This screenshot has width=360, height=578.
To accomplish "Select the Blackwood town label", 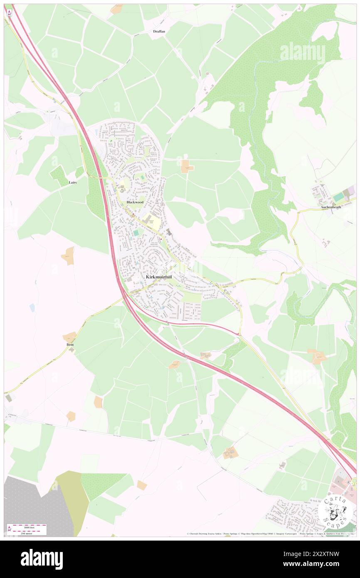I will pyautogui.click(x=135, y=202).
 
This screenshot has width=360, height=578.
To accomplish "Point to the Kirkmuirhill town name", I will pyautogui.click(x=158, y=277).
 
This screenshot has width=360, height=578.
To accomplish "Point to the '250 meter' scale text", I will pyautogui.click(x=28, y=532).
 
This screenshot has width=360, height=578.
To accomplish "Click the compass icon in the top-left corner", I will pyautogui.click(x=9, y=12).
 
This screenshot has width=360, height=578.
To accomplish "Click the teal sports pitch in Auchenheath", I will pyautogui.click(x=339, y=196).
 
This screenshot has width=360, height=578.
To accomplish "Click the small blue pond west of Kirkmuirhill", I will pyautogui.click(x=32, y=307).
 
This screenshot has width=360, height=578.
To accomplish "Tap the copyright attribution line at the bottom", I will pyautogui.click(x=270, y=534).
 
